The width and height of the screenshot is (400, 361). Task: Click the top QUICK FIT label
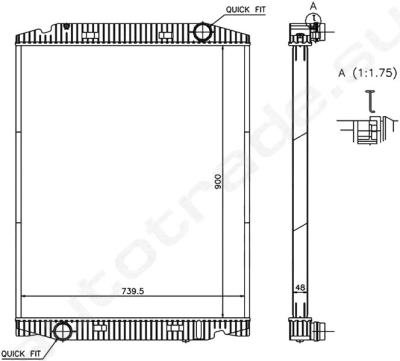[x=246, y=9]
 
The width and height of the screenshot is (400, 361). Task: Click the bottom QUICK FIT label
[x=22, y=353]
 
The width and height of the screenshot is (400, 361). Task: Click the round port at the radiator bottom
[x=63, y=331]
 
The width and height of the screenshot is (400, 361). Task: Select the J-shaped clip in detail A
[x=370, y=99]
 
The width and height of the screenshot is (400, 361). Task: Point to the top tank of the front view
[x=134, y=35]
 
